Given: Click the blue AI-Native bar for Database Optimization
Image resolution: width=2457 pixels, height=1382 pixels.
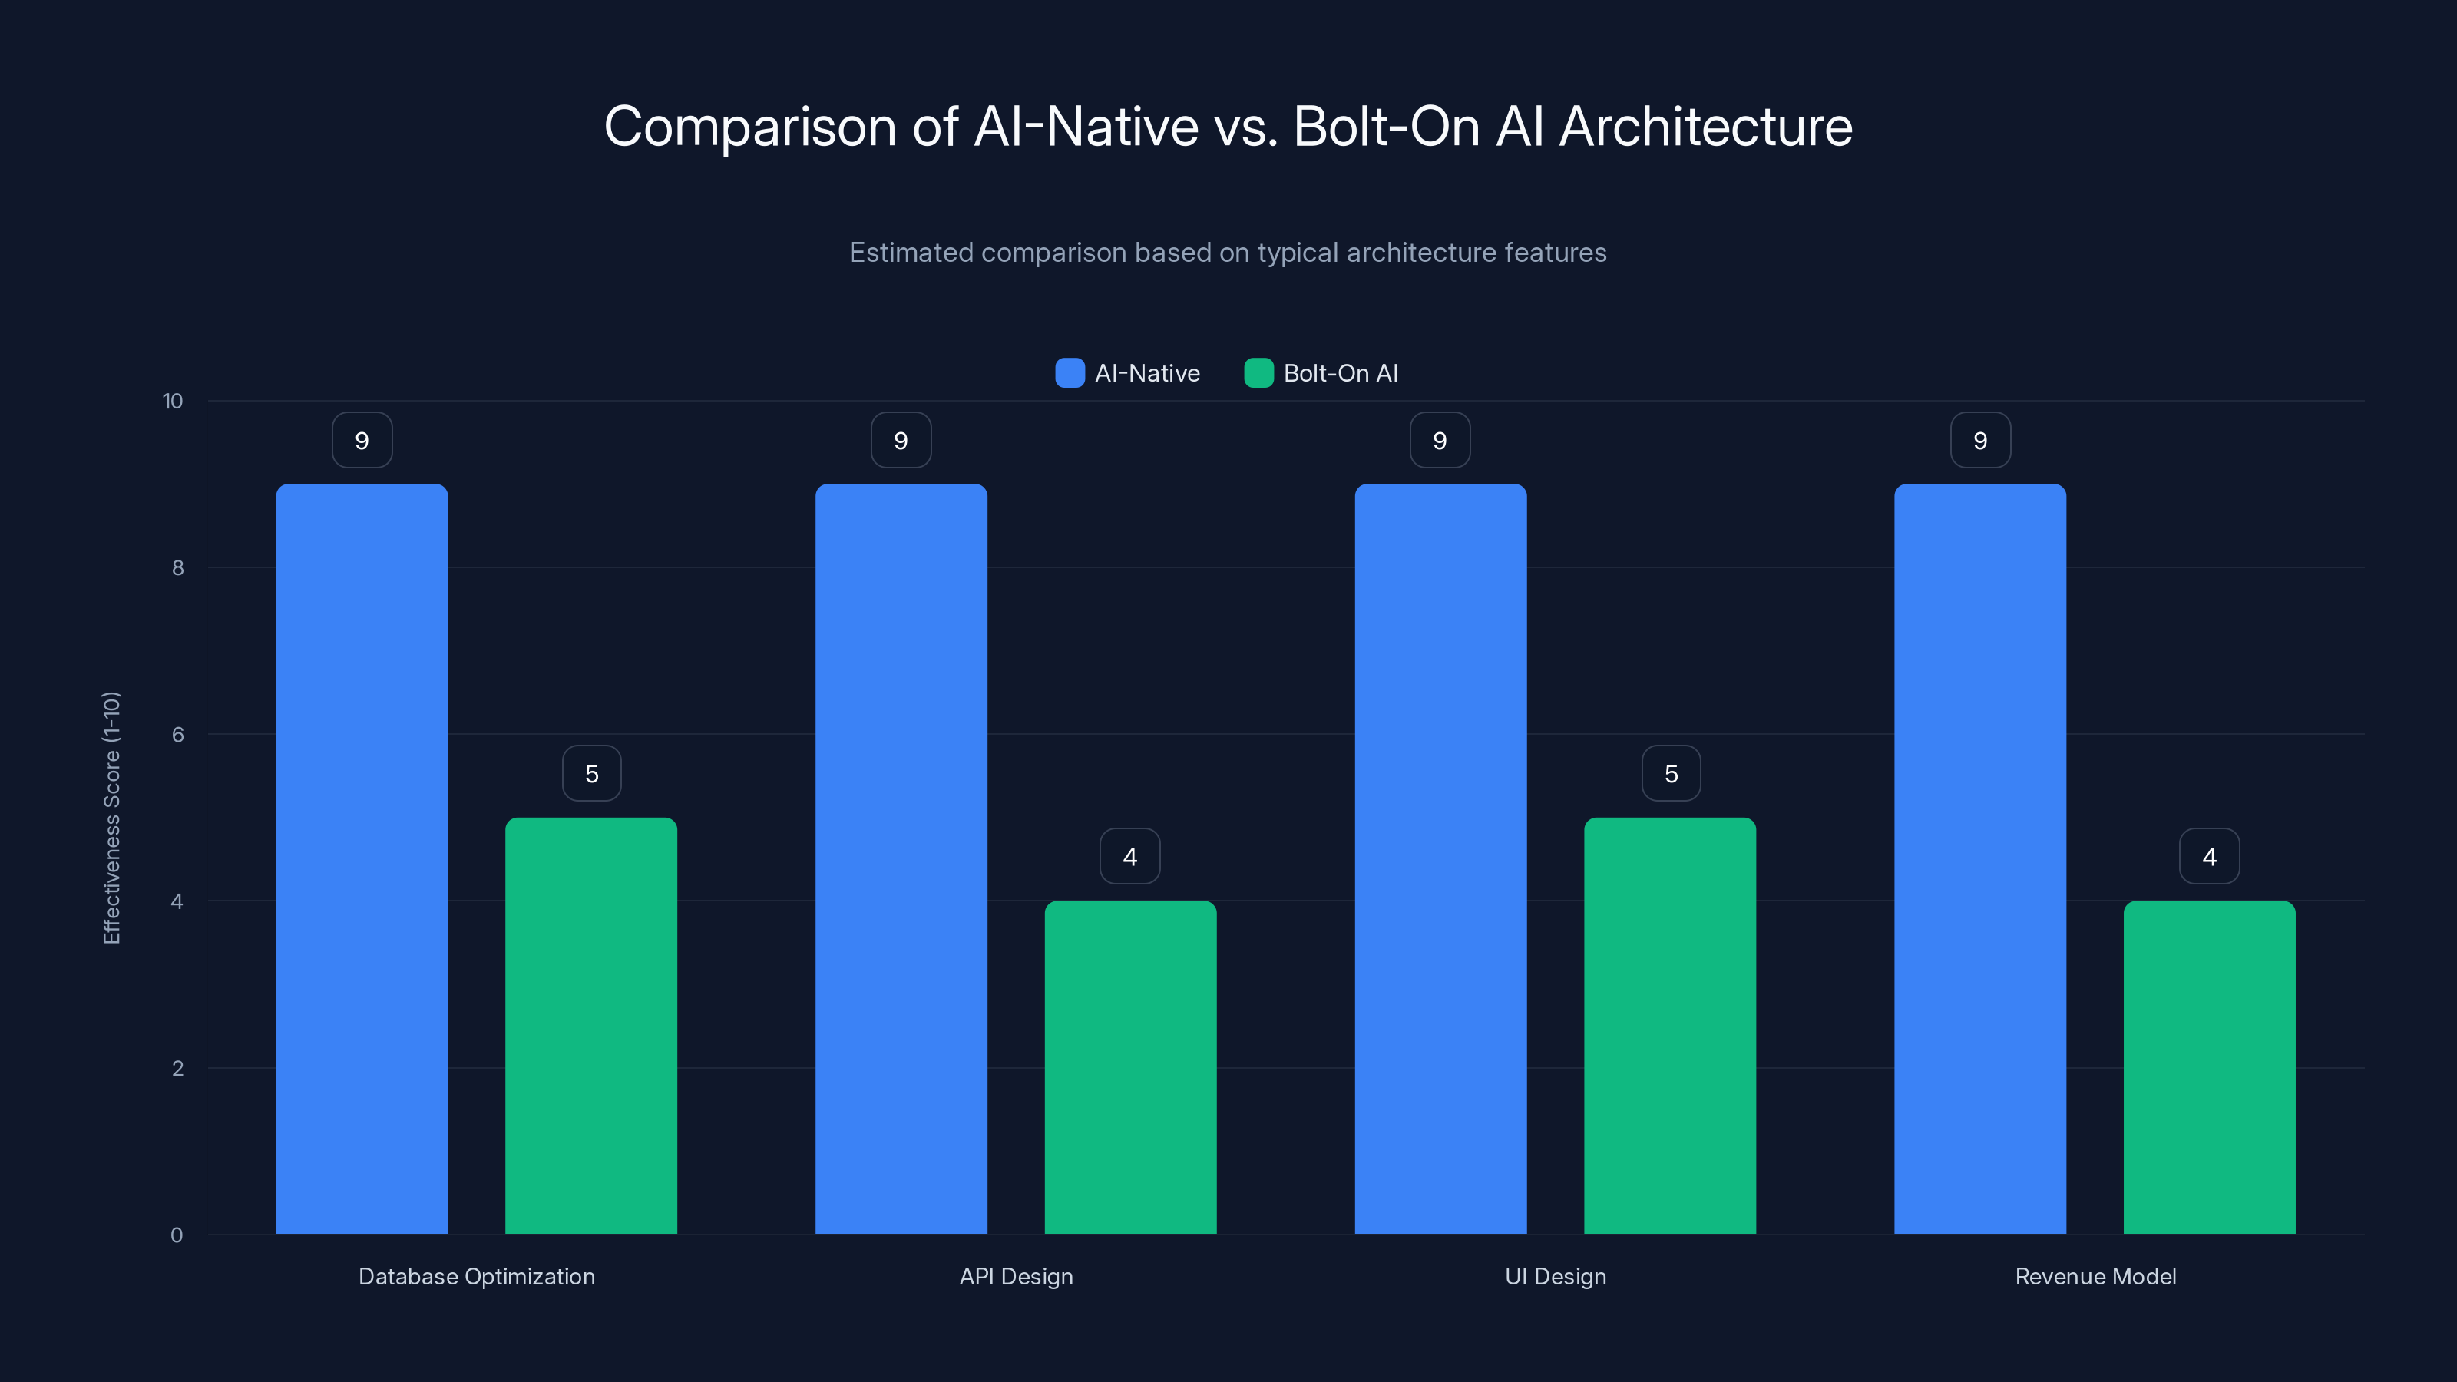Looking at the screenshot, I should coord(362,858).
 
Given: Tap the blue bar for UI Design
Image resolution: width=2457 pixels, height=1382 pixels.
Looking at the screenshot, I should coord(1440,858).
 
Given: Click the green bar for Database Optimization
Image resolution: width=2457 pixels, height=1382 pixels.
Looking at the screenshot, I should coord(591,1025).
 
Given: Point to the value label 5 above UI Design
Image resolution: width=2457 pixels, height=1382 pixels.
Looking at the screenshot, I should coord(1671,773).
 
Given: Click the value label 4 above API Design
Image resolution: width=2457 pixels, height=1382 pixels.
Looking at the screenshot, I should coord(1130,857).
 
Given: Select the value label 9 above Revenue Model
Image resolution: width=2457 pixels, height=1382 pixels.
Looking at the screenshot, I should coord(1980,441).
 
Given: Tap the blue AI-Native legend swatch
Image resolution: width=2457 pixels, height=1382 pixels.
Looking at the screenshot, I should coord(1070,373).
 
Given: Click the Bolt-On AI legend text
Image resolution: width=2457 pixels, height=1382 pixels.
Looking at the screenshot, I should coord(1340,373).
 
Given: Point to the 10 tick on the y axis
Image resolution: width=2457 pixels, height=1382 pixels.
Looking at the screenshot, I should coord(173,401).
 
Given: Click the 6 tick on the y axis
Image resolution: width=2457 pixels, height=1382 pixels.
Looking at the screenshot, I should coord(177,735).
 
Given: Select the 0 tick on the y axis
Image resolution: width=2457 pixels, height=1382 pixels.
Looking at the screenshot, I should coord(177,1235).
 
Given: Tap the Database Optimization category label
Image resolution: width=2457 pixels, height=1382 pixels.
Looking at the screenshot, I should coord(477,1276).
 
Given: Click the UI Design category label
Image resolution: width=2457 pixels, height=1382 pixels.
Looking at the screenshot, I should coord(1556,1276).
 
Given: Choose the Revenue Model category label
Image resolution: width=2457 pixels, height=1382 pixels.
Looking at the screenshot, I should coord(2095,1276).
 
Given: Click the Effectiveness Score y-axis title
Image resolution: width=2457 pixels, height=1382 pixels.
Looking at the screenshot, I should coord(111,818).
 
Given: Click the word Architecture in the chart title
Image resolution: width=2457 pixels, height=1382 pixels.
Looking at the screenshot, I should coord(1705,127).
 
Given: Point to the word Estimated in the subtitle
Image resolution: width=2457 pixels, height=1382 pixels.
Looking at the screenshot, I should coord(911,253).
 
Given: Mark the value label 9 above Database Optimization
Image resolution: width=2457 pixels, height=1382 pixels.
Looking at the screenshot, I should coord(362,441).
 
